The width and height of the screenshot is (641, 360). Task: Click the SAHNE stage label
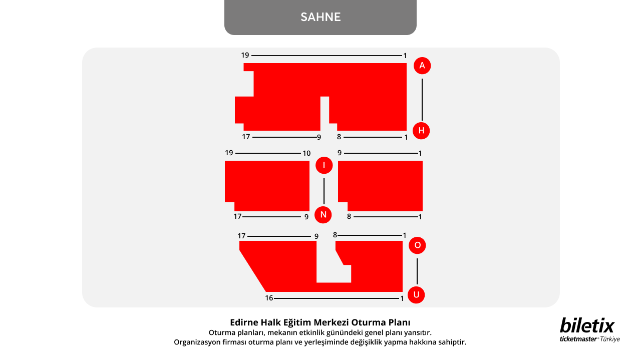pos(320,17)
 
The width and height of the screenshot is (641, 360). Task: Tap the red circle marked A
pos(422,66)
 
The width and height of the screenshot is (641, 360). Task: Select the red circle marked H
pos(421,131)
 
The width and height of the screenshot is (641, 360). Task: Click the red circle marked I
pos(324,165)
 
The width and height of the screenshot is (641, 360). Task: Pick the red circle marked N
pos(323,215)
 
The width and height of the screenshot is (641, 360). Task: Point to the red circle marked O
pos(417,245)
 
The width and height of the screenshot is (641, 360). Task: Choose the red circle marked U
pos(416,295)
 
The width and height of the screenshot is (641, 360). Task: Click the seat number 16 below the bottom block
pos(269,298)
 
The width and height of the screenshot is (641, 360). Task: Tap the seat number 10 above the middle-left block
pos(306,153)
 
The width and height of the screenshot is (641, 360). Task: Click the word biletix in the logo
pos(587,325)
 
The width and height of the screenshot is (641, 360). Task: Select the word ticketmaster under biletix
pos(578,339)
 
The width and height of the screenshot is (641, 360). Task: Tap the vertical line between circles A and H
pos(422,100)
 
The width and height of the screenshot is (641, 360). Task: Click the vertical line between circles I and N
pos(324,191)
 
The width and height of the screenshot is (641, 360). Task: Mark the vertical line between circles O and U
pos(417,271)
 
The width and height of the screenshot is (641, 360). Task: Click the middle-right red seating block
pos(381,186)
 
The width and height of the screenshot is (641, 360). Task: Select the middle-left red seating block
pos(267,186)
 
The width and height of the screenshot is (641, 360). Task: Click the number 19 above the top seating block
pos(245,55)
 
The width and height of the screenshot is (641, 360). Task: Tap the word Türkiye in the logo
pos(610,339)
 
